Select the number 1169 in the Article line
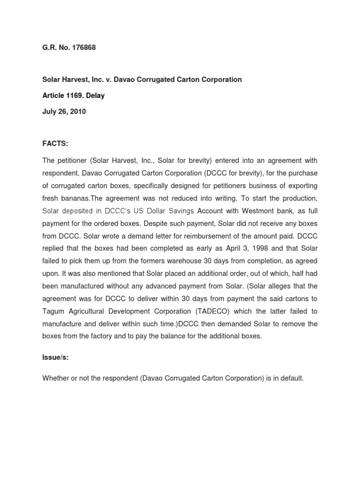pos(77,96)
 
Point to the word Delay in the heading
pos(96,96)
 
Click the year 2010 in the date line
pos(78,112)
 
